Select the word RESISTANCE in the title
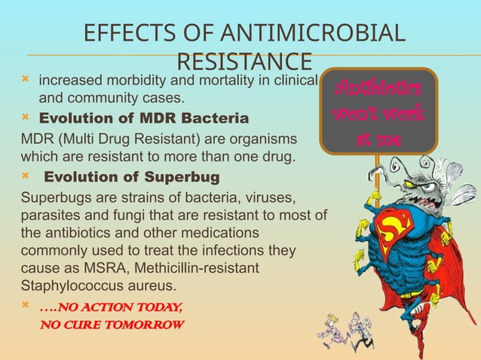(x=244, y=61)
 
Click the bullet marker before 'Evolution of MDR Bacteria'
(x=26, y=119)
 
